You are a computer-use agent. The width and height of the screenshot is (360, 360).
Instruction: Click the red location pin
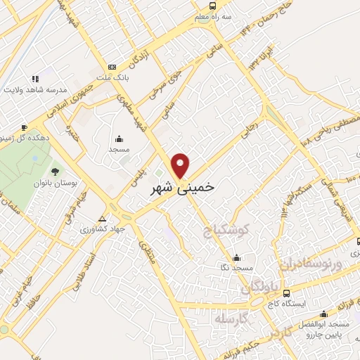181,165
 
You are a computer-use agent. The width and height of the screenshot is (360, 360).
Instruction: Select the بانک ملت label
112,76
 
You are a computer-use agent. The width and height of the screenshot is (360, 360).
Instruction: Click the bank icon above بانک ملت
112,66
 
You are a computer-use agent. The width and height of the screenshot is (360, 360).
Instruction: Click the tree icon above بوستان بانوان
55,171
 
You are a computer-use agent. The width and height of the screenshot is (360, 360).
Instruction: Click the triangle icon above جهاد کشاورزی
103,219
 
